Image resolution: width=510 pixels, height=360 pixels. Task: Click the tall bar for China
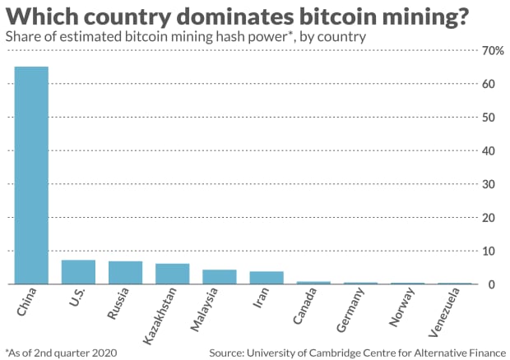[31, 175]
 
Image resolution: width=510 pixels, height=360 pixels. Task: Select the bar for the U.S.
[78, 272]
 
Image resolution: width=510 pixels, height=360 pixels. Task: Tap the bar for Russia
[126, 273]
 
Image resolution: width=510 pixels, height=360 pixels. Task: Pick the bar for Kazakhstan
[173, 274]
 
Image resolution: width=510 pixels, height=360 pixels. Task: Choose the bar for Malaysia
[220, 277]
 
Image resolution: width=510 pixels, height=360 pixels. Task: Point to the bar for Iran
[267, 278]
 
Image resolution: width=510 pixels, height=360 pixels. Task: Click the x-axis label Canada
[304, 306]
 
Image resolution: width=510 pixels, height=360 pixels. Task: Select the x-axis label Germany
[350, 310]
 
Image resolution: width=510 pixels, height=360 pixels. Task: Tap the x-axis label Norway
[401, 307]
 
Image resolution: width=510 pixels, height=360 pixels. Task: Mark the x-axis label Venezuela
[444, 312]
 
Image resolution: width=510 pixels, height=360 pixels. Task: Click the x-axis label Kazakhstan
[160, 316]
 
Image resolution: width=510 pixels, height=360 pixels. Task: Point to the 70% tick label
[493, 51]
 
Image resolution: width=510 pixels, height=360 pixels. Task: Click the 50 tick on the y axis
[489, 118]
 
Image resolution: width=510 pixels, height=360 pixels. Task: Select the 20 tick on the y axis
[489, 217]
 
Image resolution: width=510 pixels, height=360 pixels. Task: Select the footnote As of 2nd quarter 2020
[61, 353]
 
